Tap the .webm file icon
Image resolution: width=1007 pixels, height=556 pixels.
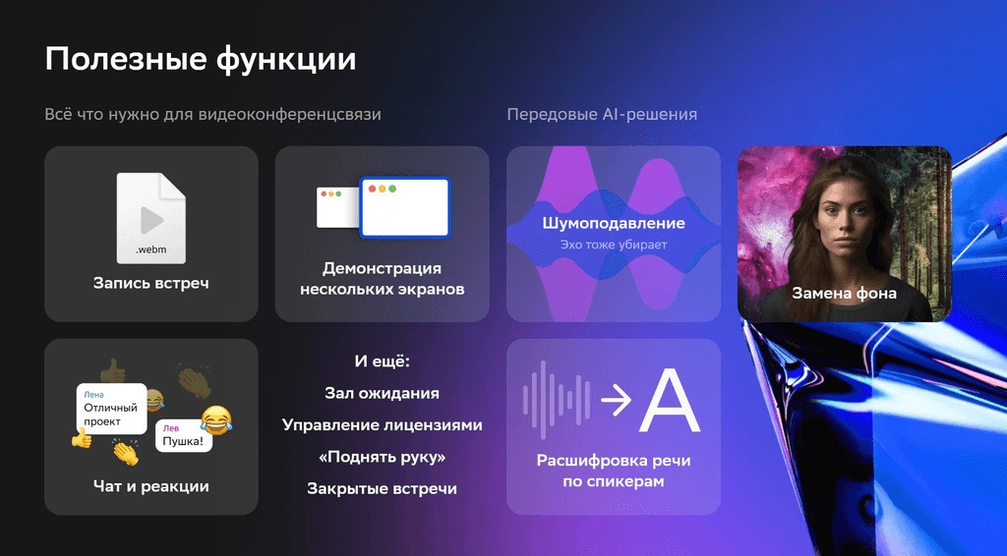[150, 218]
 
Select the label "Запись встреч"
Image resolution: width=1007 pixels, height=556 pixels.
[150, 283]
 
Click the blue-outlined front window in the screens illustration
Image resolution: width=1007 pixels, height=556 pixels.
[404, 207]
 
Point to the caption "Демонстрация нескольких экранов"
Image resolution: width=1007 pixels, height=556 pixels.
[383, 278]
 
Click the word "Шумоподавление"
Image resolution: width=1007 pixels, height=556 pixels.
[614, 223]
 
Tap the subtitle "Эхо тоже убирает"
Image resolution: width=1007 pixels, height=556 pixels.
[614, 245]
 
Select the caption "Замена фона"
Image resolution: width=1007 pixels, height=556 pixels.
[844, 293]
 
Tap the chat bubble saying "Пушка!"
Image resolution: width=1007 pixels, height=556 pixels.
[184, 436]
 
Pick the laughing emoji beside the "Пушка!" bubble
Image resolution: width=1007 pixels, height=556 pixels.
[216, 420]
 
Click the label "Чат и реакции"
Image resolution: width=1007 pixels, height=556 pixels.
[150, 486]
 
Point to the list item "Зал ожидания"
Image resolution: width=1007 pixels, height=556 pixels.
[383, 393]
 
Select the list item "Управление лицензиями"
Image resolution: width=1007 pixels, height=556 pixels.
[383, 425]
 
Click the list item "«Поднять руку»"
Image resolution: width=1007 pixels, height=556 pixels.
[383, 457]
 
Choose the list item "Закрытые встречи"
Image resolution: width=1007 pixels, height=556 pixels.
[383, 488]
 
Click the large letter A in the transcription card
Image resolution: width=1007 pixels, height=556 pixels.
[670, 400]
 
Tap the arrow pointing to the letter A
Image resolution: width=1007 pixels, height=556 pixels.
[617, 400]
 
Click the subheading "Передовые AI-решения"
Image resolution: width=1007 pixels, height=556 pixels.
[602, 115]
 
